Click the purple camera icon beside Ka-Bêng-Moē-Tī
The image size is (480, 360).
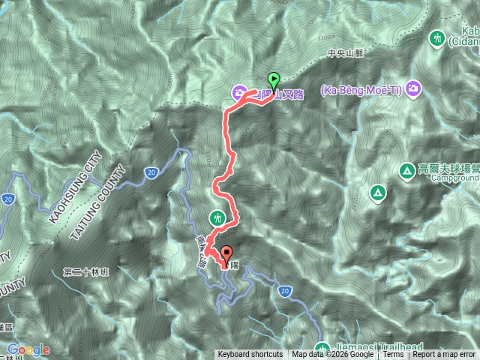[413, 91]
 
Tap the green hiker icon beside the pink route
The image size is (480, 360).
[217, 217]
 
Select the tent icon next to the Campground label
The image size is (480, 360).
[406, 172]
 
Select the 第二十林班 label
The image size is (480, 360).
[85, 271]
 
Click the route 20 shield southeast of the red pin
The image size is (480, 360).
[284, 290]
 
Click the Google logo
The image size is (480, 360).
[28, 349]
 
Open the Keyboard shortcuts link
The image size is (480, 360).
[250, 355]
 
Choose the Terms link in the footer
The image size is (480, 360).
[393, 355]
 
